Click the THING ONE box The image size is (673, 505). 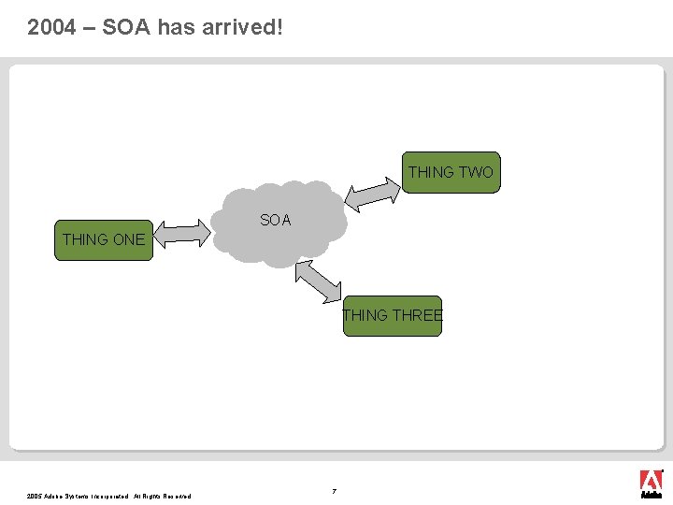103,239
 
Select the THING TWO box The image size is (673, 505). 451,172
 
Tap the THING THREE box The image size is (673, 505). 392,315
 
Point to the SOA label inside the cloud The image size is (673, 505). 276,221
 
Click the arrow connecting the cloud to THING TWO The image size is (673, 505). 372,192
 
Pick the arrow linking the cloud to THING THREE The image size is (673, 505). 319,281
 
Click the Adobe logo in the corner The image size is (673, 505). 651,483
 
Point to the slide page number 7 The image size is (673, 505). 334,490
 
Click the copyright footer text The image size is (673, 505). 109,496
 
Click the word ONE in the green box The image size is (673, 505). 128,239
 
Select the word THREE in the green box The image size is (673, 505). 418,315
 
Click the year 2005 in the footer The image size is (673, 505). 35,496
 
